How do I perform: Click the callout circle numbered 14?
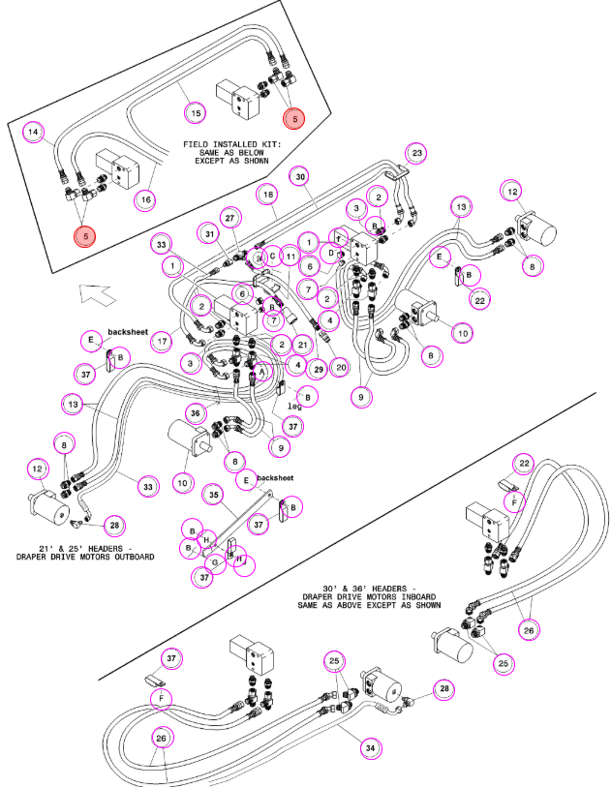pyautogui.click(x=33, y=132)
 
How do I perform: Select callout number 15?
pyautogui.click(x=196, y=113)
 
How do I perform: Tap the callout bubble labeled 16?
pyautogui.click(x=145, y=199)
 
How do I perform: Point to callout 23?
pyautogui.click(x=416, y=153)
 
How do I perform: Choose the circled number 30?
pyautogui.click(x=300, y=177)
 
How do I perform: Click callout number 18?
pyautogui.click(x=268, y=195)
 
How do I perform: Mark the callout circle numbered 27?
pyautogui.click(x=229, y=218)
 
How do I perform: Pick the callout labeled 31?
pyautogui.click(x=210, y=234)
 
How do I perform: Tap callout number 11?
pyautogui.click(x=290, y=257)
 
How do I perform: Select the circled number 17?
pyautogui.click(x=162, y=342)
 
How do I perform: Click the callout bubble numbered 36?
pyautogui.click(x=196, y=413)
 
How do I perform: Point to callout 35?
pyautogui.click(x=213, y=495)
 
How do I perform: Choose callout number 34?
pyautogui.click(x=370, y=748)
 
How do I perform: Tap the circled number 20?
pyautogui.click(x=341, y=368)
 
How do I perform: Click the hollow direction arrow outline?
pyautogui.click(x=98, y=294)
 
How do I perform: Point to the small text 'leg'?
pyautogui.click(x=294, y=406)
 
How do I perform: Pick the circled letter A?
pyautogui.click(x=261, y=372)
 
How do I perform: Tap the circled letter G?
pyautogui.click(x=215, y=563)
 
